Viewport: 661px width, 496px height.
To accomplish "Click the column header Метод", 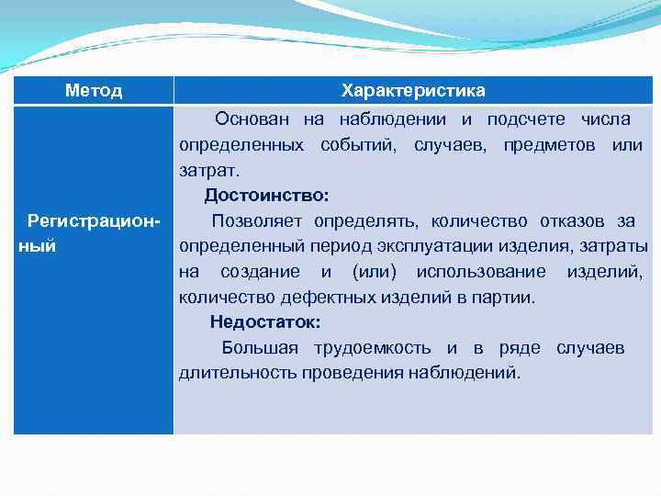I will coord(94,91).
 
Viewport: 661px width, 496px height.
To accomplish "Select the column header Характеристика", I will coord(413,91).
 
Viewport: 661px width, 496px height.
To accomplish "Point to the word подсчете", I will coord(528,119).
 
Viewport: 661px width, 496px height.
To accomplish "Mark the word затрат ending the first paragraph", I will coord(208,171).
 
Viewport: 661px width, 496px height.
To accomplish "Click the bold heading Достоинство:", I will coord(266,196).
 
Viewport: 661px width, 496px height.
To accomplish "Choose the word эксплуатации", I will coord(403,246).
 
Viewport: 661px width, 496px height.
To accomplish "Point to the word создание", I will coord(260,272).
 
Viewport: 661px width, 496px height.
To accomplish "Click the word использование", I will coord(480,272).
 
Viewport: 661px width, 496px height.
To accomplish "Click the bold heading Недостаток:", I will coord(265,322).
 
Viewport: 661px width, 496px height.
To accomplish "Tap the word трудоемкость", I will coord(372,348).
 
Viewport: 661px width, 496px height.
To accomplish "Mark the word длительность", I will coord(226,374).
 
